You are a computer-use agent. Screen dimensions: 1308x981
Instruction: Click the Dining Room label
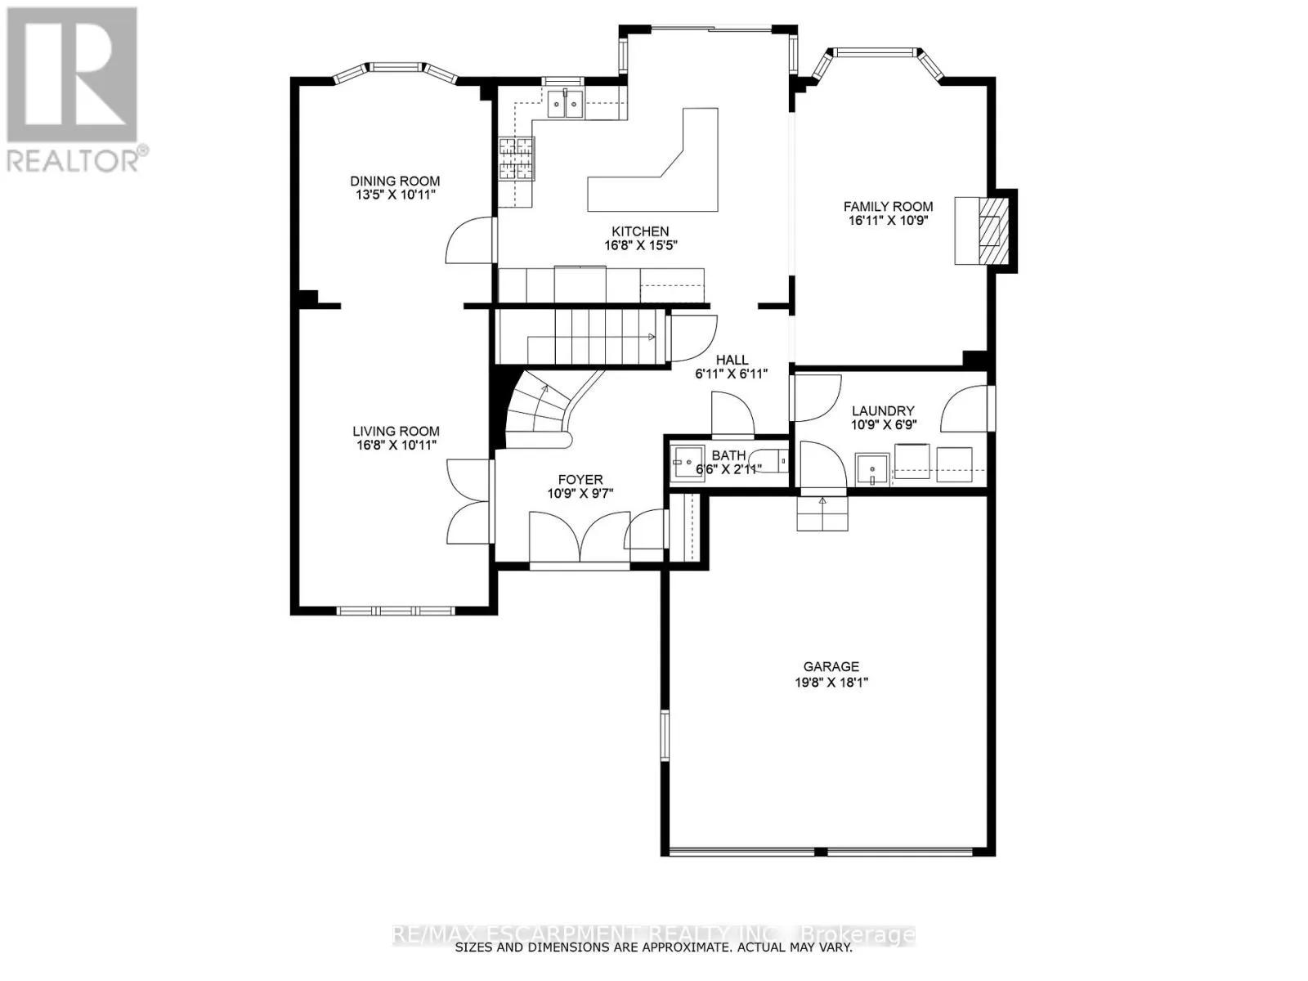tap(395, 181)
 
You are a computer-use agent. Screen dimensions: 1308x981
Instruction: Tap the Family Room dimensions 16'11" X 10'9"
tap(889, 221)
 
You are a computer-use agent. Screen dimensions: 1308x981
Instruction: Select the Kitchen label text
tap(640, 231)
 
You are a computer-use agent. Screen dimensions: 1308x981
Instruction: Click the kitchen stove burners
tap(516, 159)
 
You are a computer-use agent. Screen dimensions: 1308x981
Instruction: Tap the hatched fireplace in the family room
tap(992, 231)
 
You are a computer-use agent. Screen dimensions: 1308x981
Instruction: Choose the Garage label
tap(831, 667)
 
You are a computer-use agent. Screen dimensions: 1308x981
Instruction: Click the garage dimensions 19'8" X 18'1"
tap(831, 683)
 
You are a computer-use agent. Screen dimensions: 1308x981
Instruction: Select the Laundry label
tap(883, 410)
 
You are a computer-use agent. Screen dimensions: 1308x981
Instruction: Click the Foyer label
tap(580, 480)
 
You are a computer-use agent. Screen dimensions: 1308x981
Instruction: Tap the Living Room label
tap(396, 431)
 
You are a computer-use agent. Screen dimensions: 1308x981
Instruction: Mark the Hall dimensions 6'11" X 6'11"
tap(731, 374)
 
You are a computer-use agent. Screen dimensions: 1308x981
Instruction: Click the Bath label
tap(728, 455)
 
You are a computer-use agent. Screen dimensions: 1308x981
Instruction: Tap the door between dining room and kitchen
tap(472, 240)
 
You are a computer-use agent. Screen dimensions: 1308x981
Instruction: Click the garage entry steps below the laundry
tap(823, 513)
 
